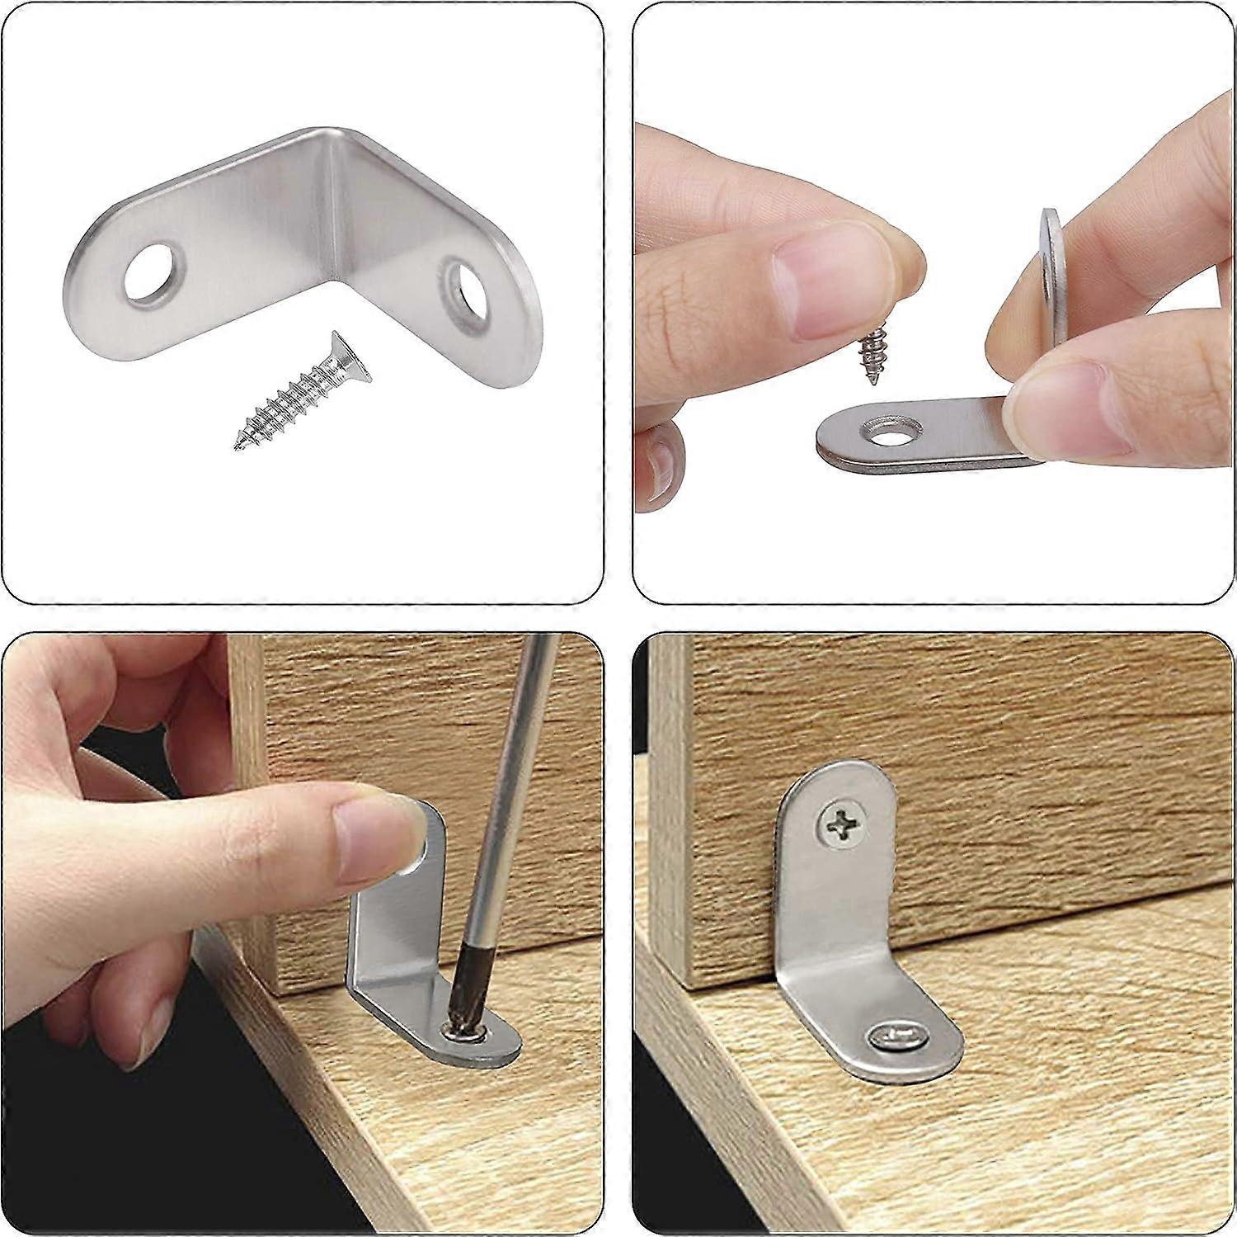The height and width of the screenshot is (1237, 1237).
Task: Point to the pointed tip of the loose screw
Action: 239,447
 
